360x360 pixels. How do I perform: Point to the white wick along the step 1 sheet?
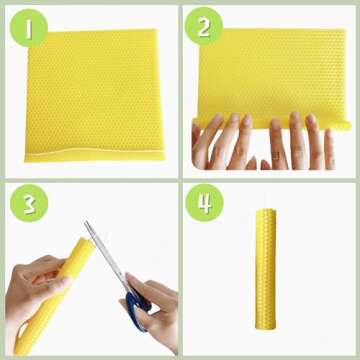pos(100,156)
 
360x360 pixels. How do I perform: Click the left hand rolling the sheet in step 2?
pos(220,140)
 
